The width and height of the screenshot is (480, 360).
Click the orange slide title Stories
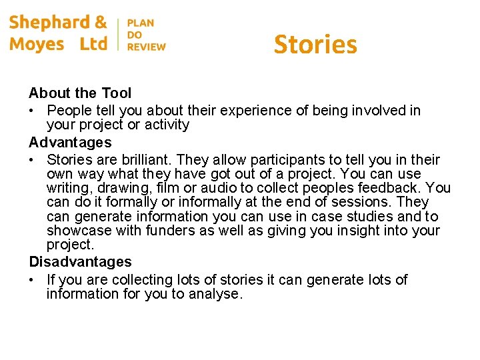[x=315, y=45]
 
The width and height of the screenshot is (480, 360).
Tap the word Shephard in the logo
[x=50, y=23]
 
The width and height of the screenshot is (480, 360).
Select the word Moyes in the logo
[x=37, y=44]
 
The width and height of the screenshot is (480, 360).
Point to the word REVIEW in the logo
[x=147, y=47]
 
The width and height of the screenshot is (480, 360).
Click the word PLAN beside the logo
[x=141, y=23]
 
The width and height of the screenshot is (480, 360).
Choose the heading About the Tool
[x=80, y=93]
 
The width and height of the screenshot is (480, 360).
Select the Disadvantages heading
[x=80, y=262]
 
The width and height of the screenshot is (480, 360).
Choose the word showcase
[x=75, y=231]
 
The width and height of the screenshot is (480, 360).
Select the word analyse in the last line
[x=213, y=293]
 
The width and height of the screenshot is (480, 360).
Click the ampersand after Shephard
[x=101, y=23]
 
